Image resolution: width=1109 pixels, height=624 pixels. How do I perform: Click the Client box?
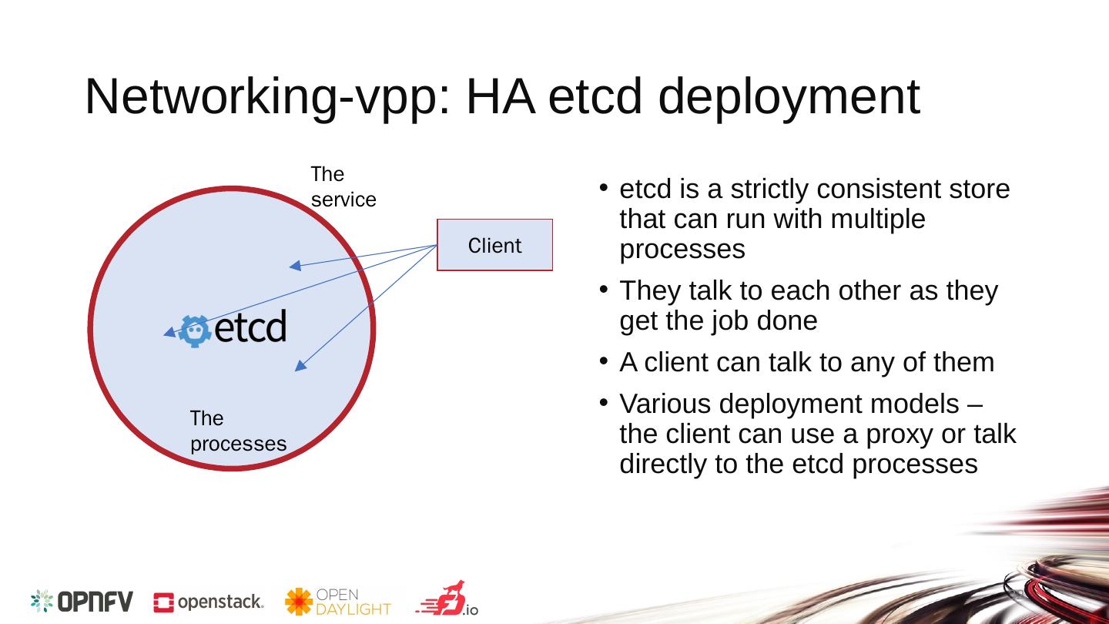tap(494, 245)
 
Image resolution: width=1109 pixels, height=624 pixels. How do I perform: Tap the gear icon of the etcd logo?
tap(194, 330)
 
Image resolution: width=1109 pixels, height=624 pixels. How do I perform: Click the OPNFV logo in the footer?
tap(82, 601)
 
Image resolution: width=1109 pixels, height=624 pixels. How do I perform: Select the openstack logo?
tap(209, 602)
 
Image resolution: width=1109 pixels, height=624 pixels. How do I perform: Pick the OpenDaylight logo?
tap(337, 601)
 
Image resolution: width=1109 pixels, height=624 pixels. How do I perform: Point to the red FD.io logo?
tap(447, 599)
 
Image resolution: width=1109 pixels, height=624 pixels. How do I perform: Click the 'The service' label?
tap(343, 186)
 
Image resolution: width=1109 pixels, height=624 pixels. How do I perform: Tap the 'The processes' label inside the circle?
tap(237, 431)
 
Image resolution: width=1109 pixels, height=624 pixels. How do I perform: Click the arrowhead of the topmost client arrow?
tap(293, 267)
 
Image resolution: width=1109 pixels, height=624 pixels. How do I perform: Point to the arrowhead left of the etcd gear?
tap(169, 334)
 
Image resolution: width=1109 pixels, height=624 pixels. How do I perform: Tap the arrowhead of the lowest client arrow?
tap(300, 367)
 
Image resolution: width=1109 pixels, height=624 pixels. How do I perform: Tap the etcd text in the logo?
tap(250, 327)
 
